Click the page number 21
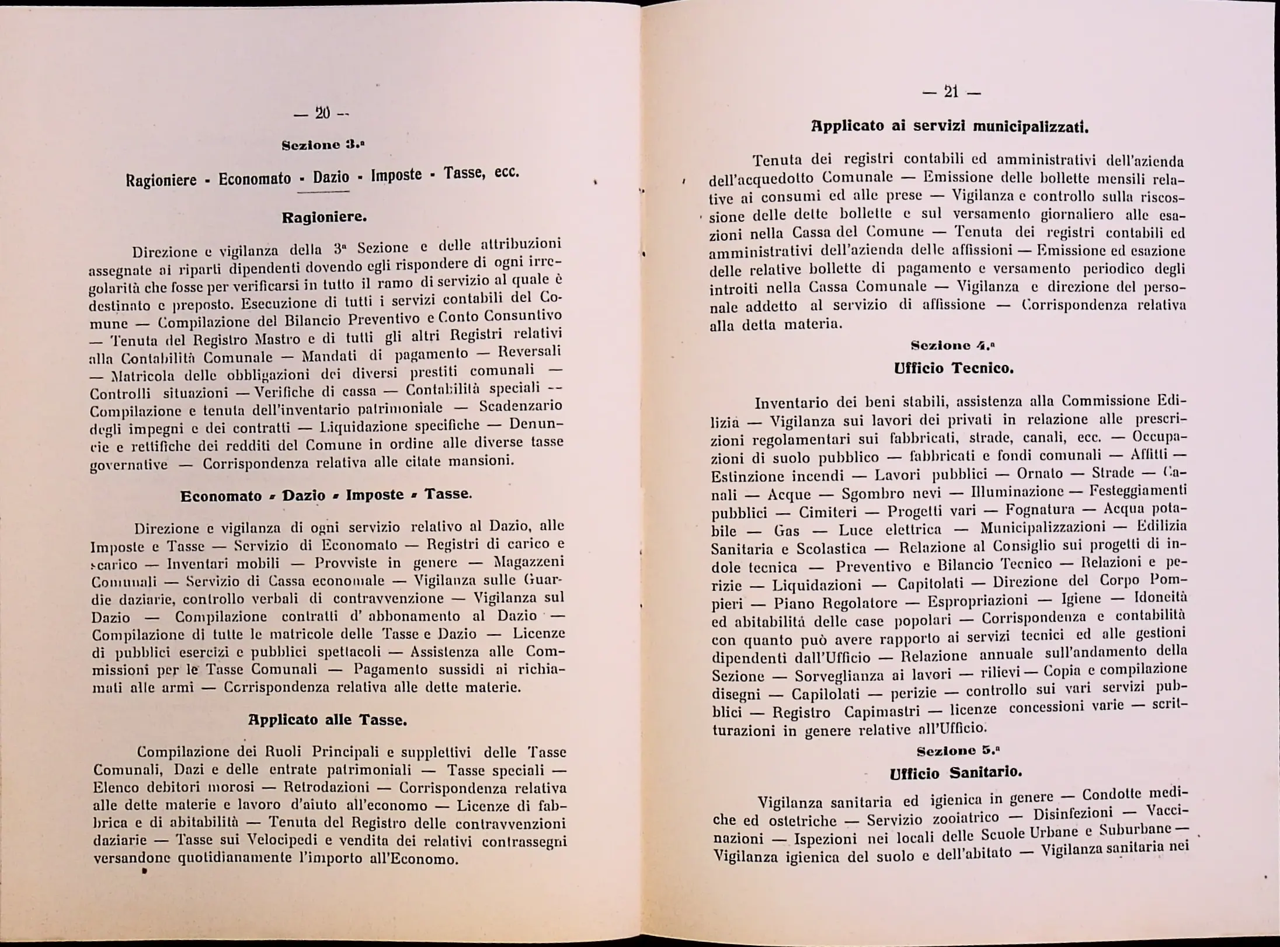(951, 92)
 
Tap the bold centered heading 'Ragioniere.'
(324, 218)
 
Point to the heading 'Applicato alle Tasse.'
(328, 720)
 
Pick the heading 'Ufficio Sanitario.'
(955, 773)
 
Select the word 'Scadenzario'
(521, 406)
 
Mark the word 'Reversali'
(530, 351)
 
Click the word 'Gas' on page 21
(787, 531)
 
